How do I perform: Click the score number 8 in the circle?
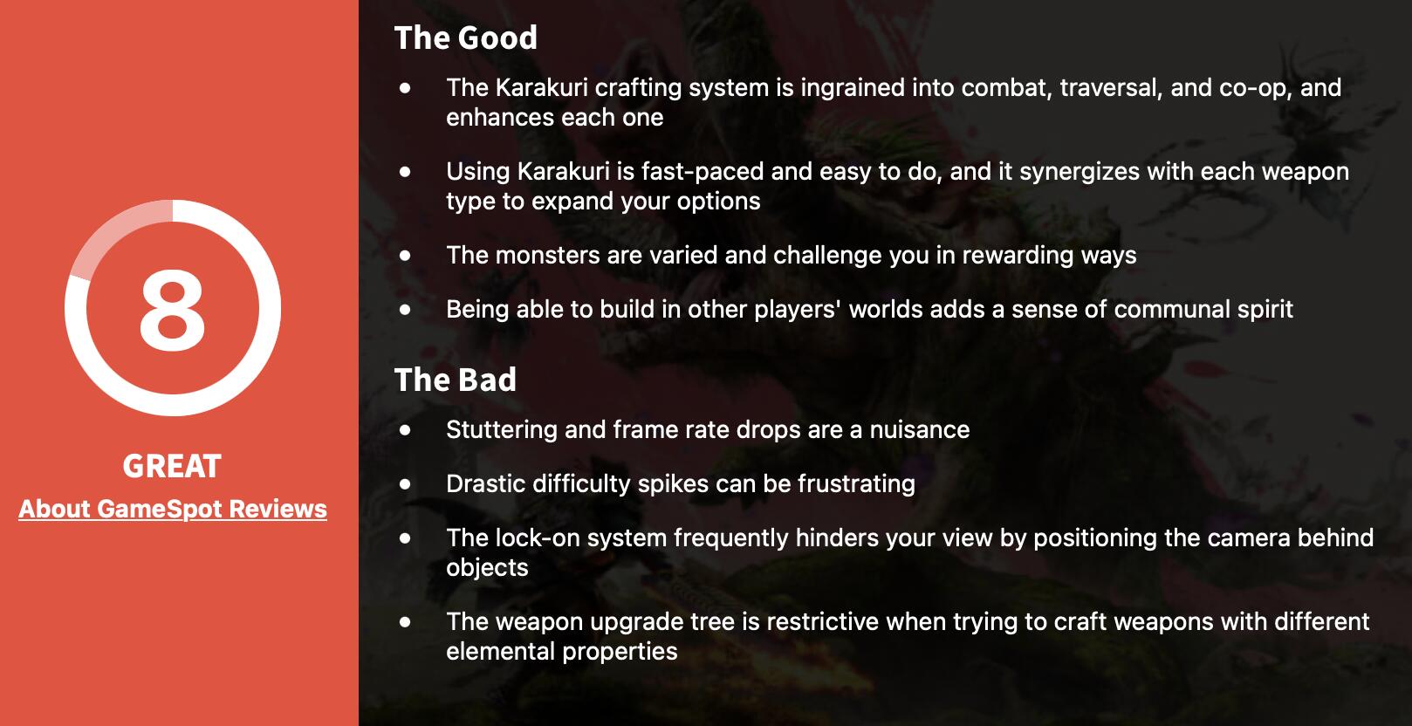[172, 310]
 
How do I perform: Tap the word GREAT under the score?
[172, 466]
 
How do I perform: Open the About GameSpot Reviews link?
[173, 510]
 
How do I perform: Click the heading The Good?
[466, 38]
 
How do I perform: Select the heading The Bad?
[456, 380]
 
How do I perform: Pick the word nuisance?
[920, 430]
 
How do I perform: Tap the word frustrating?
[856, 484]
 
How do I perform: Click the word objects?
[487, 568]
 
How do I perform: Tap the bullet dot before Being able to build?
[405, 310]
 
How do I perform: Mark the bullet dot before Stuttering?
[405, 430]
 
